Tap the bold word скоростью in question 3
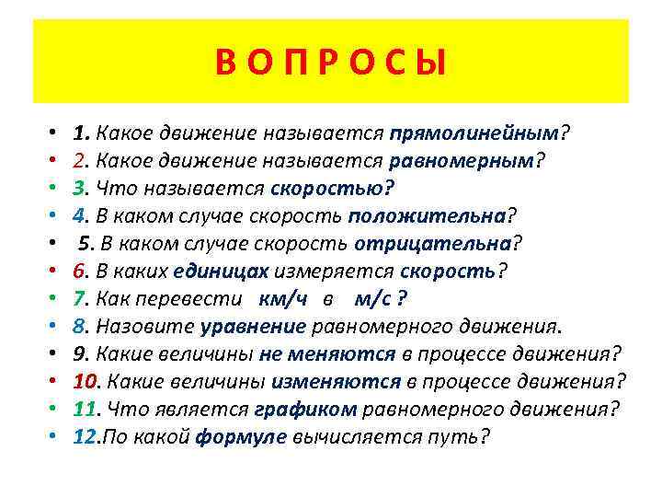(328, 188)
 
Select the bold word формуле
(241, 436)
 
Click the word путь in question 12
(457, 436)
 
